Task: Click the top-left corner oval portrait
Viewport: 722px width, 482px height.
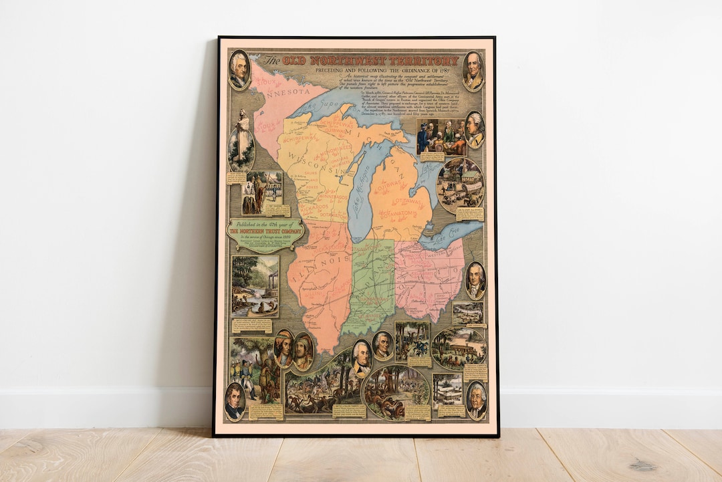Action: (239, 71)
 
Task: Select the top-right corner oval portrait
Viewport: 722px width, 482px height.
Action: (473, 71)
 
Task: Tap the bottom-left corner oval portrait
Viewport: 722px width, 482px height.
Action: (235, 401)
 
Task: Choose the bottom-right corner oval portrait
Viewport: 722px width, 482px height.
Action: (476, 400)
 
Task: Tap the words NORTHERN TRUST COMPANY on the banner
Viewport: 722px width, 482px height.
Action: (266, 231)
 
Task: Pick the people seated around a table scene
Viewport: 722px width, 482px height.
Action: (441, 136)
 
